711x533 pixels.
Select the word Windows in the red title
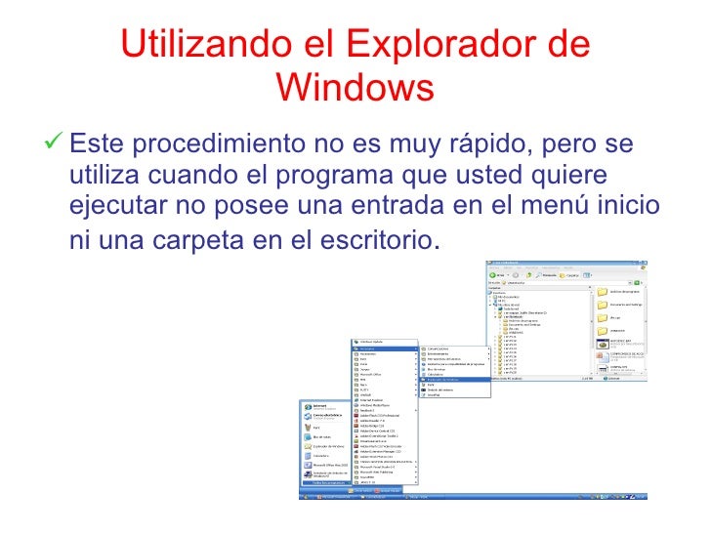355,89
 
